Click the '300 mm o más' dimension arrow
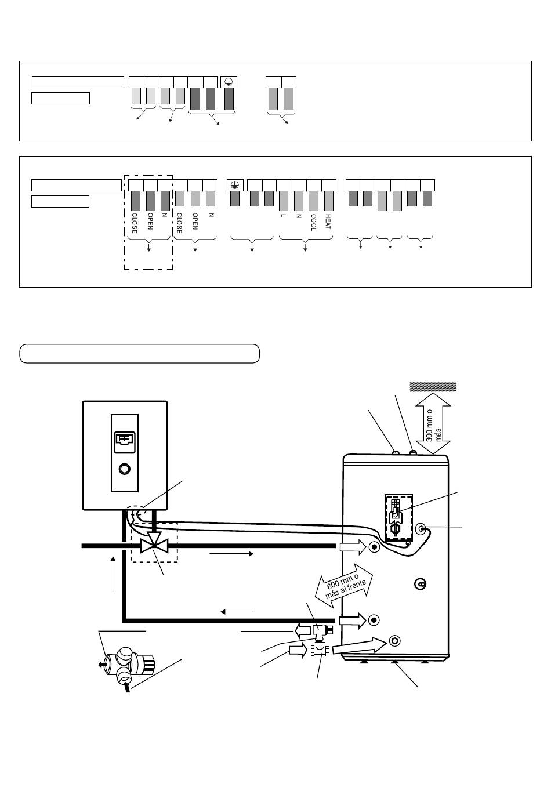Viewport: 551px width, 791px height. pos(433,423)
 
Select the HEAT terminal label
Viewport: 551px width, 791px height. pos(328,222)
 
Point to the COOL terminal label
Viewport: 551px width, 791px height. pos(313,223)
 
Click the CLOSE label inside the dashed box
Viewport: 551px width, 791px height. pos(134,223)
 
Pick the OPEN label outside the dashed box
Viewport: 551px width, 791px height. pos(195,222)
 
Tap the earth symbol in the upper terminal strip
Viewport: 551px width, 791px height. pos(229,82)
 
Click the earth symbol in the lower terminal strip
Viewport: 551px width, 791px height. pos(235,185)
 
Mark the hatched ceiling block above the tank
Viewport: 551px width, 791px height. pos(433,387)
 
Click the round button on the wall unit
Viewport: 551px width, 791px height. pos(124,469)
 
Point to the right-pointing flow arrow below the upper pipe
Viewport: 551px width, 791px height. pos(231,554)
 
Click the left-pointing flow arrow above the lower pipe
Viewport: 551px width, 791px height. pos(237,612)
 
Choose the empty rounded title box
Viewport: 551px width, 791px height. pos(140,354)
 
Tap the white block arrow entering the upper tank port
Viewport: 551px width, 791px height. pos(353,547)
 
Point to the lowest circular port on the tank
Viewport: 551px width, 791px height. pos(394,640)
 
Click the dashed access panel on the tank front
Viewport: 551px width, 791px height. pos(398,517)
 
